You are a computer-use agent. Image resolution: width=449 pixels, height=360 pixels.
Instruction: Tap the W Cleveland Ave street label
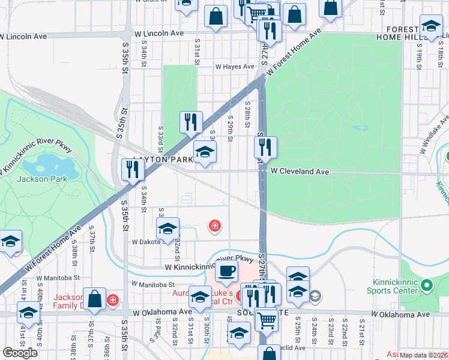[x=300, y=172]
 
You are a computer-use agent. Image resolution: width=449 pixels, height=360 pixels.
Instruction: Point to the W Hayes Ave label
[x=235, y=67]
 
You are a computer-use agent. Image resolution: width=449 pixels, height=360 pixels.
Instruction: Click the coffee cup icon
[x=226, y=271]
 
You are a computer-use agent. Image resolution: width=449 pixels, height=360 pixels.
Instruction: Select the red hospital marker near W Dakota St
[x=214, y=226]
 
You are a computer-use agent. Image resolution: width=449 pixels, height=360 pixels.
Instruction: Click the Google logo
[x=20, y=352]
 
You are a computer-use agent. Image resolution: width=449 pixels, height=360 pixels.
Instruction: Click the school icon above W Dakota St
[x=167, y=227]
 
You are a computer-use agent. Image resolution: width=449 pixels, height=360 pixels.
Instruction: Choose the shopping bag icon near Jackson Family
[x=95, y=298]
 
